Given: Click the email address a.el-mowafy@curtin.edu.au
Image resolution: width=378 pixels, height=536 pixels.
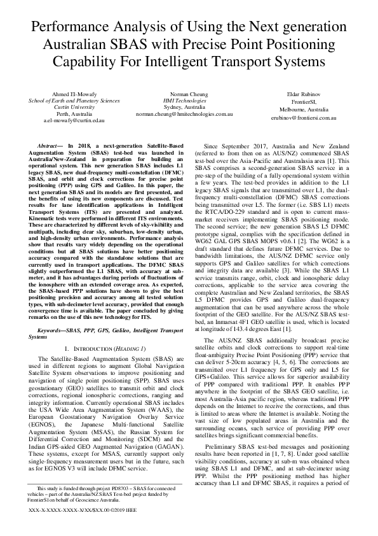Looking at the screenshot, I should [74, 120].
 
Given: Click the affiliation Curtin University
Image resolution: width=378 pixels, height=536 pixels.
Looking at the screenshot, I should [74, 106].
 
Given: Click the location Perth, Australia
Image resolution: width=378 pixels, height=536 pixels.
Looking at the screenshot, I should [74, 113].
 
